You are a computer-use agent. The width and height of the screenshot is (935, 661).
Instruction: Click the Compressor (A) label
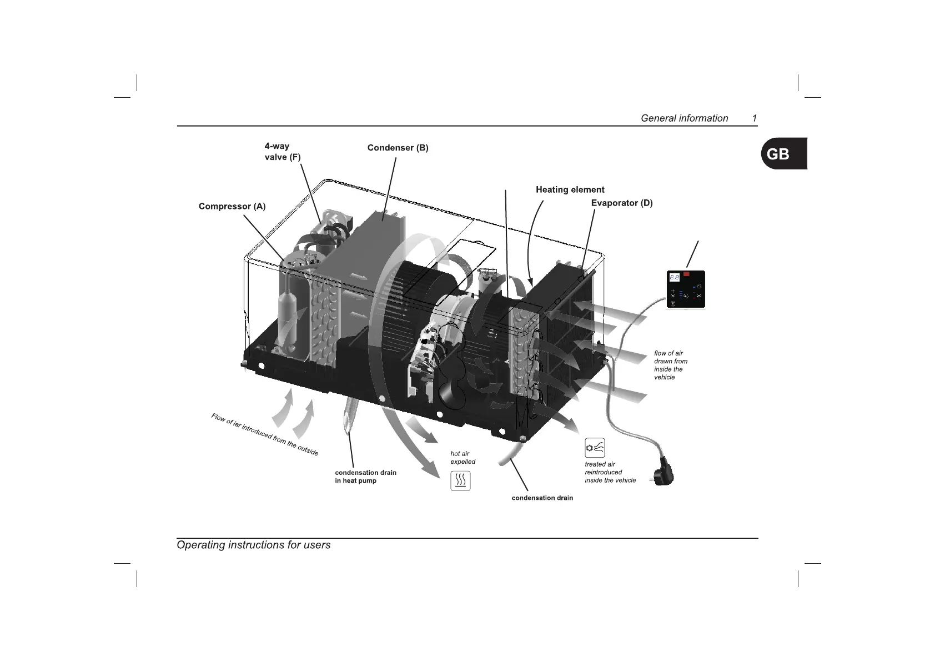click(x=232, y=207)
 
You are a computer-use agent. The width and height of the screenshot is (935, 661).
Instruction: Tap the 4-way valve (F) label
click(x=282, y=152)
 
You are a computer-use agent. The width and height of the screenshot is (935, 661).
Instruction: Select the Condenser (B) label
click(x=398, y=148)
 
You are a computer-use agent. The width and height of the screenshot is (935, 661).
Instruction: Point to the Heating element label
click(x=570, y=190)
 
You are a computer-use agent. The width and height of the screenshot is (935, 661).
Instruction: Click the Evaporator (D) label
click(x=621, y=203)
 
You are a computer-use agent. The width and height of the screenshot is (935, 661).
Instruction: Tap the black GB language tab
click(x=783, y=153)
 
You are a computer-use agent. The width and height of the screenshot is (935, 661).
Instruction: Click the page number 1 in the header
click(x=754, y=118)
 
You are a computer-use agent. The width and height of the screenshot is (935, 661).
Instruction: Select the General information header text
click(x=684, y=118)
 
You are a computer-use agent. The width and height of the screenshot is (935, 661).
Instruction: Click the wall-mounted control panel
click(x=686, y=289)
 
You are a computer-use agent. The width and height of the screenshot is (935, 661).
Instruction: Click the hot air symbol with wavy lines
click(x=460, y=480)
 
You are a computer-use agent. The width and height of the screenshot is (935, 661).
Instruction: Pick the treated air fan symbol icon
click(x=595, y=448)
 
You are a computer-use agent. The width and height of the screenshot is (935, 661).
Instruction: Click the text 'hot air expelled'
click(x=463, y=458)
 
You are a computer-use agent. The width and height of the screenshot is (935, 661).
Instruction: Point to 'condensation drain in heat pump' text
click(x=365, y=477)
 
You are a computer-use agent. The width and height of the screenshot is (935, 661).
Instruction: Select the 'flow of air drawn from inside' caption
click(x=670, y=365)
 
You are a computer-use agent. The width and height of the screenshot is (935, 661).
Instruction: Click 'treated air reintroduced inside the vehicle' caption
click(x=610, y=472)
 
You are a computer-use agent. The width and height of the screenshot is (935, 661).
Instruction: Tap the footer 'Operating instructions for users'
click(x=253, y=545)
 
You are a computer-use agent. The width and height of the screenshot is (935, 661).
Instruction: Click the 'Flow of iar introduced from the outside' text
click(x=265, y=435)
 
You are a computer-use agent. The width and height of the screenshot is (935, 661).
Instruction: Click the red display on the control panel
click(x=687, y=274)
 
